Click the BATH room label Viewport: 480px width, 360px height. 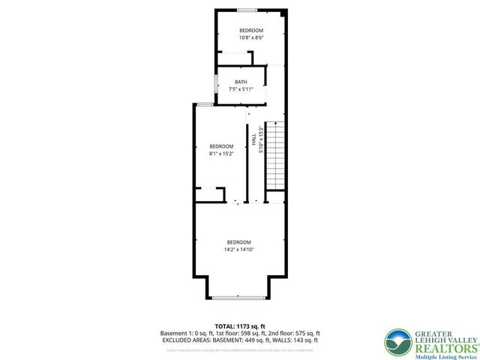(x=241, y=82)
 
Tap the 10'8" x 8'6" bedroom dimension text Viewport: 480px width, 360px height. (x=241, y=37)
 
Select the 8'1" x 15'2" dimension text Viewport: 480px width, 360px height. (x=221, y=153)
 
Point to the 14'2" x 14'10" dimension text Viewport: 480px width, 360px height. (x=240, y=249)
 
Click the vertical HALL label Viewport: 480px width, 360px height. (x=254, y=139)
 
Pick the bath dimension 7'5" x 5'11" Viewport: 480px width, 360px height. (x=241, y=88)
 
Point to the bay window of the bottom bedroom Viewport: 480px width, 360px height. (x=239, y=298)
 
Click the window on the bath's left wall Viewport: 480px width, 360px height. (x=216, y=84)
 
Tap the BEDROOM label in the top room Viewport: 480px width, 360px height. (x=241, y=30)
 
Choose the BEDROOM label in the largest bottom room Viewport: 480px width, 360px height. (x=240, y=241)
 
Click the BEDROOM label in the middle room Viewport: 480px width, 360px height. (x=221, y=146)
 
